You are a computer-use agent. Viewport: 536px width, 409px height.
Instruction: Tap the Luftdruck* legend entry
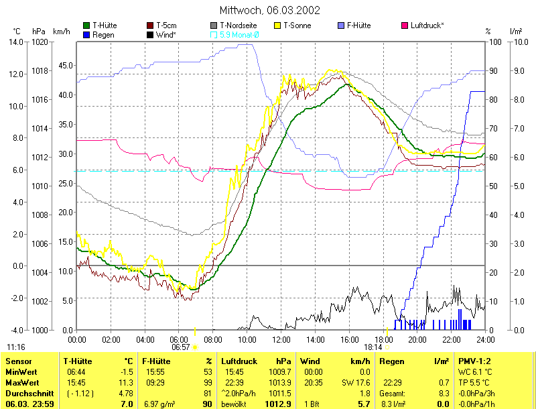click(427, 25)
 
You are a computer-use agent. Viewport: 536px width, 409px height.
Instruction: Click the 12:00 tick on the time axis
click(281, 339)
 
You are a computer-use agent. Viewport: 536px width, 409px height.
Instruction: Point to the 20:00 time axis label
click(417, 339)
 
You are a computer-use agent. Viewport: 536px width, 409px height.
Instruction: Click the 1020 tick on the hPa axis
click(40, 42)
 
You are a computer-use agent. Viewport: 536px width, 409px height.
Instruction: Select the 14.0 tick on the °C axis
click(16, 42)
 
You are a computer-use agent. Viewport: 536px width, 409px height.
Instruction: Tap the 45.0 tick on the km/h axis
click(66, 66)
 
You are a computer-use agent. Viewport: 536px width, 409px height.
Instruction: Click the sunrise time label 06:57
click(181, 347)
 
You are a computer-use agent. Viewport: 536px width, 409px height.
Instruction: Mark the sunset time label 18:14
click(373, 347)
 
